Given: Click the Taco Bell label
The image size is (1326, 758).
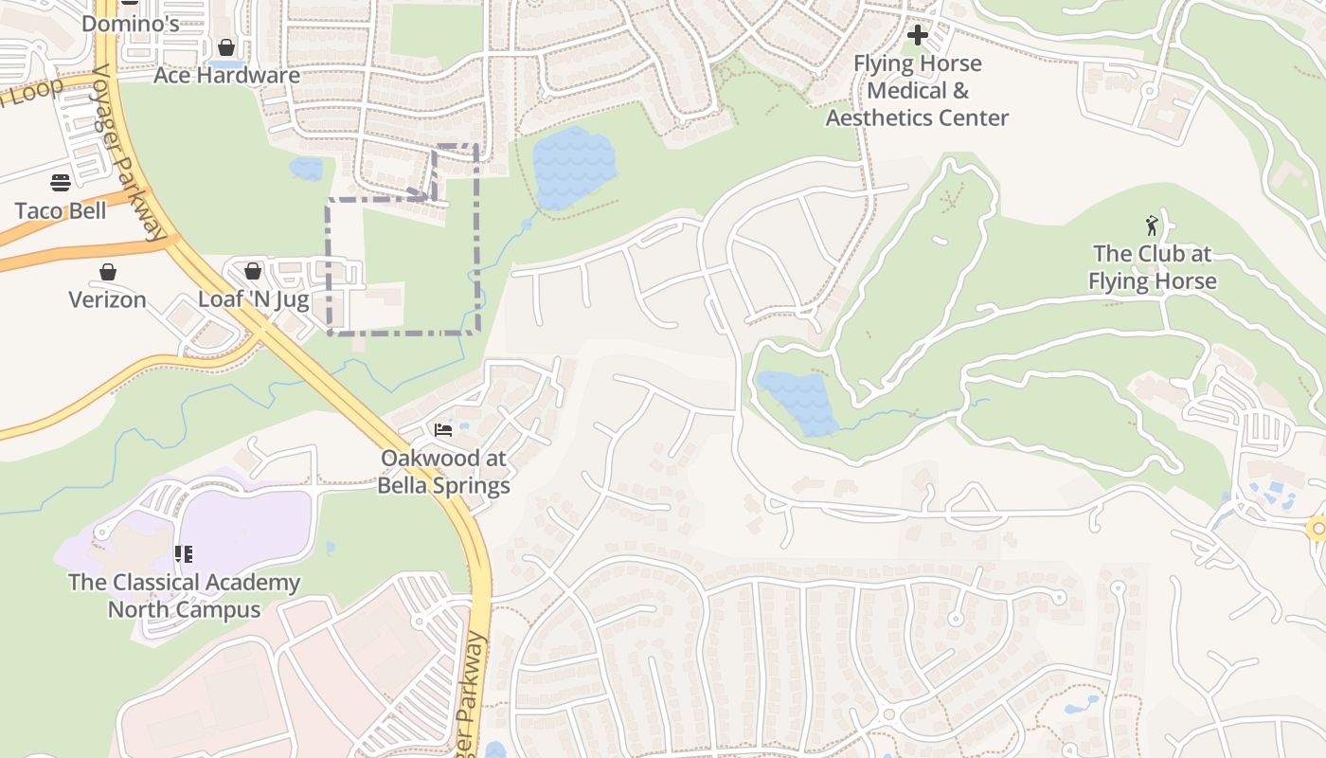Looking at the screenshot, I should point(61,210).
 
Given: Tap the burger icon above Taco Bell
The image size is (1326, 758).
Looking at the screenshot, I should point(61,182).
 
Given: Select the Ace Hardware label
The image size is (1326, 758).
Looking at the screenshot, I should point(226,76).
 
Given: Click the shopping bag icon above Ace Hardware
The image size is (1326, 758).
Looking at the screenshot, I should point(226,47).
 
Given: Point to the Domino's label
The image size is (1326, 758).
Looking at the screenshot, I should point(130,23).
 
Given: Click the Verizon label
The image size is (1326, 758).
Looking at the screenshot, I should point(107,300).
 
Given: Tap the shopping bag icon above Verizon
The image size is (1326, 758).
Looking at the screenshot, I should point(108,272).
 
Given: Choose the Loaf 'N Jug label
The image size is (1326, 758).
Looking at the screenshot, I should point(253,299).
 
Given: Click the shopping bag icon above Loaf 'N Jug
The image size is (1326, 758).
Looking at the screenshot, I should point(253,271).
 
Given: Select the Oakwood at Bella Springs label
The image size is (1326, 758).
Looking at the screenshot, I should point(443,472).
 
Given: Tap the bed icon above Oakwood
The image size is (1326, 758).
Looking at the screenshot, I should point(443,430).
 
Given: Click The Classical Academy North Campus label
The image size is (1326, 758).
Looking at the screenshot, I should point(184,596).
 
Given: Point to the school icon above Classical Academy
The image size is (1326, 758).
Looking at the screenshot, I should point(184,554).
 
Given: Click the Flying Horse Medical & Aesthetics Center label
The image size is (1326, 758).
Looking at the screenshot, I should point(917,91).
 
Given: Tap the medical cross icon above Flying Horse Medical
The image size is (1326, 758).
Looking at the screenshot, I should point(917,36).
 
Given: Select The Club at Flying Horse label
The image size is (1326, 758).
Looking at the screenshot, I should point(1152,267).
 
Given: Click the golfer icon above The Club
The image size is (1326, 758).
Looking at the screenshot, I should point(1152,226).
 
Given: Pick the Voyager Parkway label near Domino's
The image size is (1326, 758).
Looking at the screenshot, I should point(127,152).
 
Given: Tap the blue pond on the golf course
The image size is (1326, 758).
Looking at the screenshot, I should point(798,401).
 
